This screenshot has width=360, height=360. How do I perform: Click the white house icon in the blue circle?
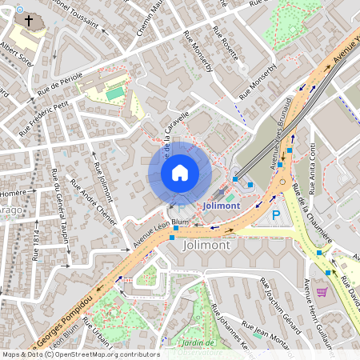(180, 173)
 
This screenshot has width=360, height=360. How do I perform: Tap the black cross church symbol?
(30, 21)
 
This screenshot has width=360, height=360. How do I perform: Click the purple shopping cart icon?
(322, 292)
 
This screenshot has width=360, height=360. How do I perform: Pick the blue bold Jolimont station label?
(222, 205)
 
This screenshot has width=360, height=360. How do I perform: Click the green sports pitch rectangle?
(115, 94)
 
